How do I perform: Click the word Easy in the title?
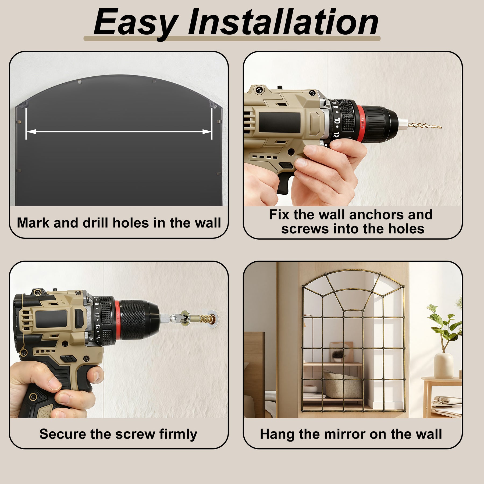(136, 23)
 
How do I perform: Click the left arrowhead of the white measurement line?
(31, 131)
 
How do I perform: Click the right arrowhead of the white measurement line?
(207, 131)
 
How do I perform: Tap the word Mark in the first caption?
(33, 223)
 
